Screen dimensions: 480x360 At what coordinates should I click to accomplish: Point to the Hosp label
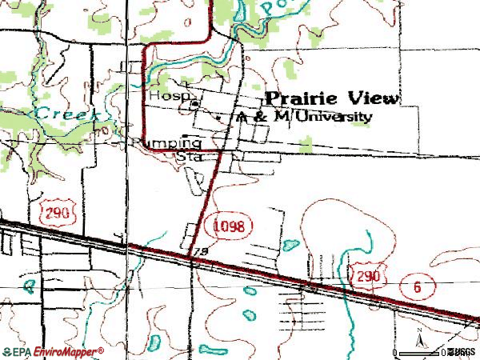[162, 95]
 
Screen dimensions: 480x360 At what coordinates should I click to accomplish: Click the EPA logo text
[18, 351]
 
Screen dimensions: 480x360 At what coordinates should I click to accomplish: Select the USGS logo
[462, 352]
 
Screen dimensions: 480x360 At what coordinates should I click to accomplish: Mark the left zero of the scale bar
[395, 352]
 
